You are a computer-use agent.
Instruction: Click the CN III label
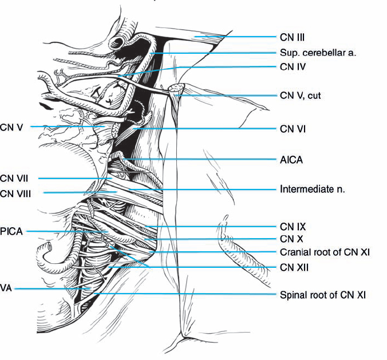click(x=292, y=38)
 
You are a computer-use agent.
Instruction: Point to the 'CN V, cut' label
click(x=301, y=95)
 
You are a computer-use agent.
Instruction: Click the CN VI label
click(x=292, y=129)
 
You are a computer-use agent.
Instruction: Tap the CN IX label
click(x=291, y=226)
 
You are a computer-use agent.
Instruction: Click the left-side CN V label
click(x=11, y=126)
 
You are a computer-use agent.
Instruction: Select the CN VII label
click(x=14, y=179)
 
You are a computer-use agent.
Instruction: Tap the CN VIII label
click(x=15, y=193)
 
